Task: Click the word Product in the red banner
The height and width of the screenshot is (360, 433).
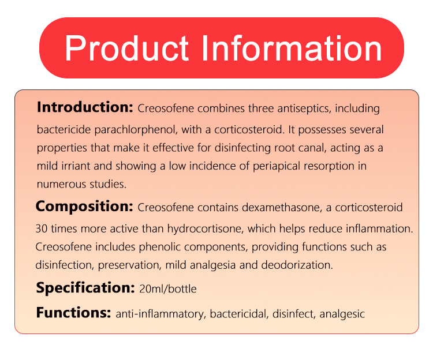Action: [x=127, y=48]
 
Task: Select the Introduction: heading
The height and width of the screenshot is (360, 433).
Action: [x=85, y=107]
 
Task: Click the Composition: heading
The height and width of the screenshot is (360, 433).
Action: [x=84, y=207]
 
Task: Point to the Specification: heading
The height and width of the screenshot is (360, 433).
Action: [x=85, y=288]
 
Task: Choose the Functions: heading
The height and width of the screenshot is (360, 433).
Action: [x=73, y=313]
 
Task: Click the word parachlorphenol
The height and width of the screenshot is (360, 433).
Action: [x=136, y=130]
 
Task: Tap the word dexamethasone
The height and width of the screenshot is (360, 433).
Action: [x=281, y=208]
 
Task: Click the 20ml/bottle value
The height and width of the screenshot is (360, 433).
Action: [x=168, y=289]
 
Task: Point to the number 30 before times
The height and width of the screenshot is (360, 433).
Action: [x=42, y=229]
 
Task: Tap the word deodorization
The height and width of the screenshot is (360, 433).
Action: [x=297, y=265]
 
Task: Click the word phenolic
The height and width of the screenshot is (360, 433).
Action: [x=159, y=247]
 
